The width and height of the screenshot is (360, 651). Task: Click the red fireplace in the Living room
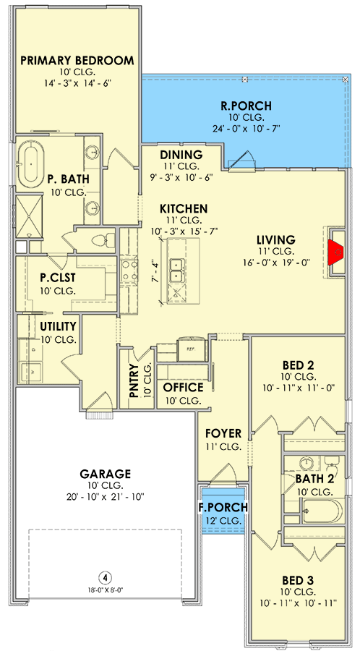(336, 252)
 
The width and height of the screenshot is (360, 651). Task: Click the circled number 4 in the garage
(106, 577)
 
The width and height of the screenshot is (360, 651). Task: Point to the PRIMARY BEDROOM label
(77, 61)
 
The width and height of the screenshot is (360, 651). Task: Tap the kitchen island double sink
(178, 271)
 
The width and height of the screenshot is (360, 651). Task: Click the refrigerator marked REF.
(192, 350)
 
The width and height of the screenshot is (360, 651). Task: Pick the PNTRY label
(134, 380)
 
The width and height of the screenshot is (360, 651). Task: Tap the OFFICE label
(183, 388)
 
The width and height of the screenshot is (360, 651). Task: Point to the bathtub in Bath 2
(322, 511)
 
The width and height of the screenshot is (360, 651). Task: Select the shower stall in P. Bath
(29, 216)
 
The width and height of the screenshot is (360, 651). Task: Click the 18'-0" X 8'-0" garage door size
(106, 590)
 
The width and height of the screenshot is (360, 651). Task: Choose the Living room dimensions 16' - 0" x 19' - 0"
(277, 262)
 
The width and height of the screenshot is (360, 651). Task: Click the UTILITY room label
(58, 326)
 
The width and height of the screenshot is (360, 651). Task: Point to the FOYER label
(223, 434)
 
